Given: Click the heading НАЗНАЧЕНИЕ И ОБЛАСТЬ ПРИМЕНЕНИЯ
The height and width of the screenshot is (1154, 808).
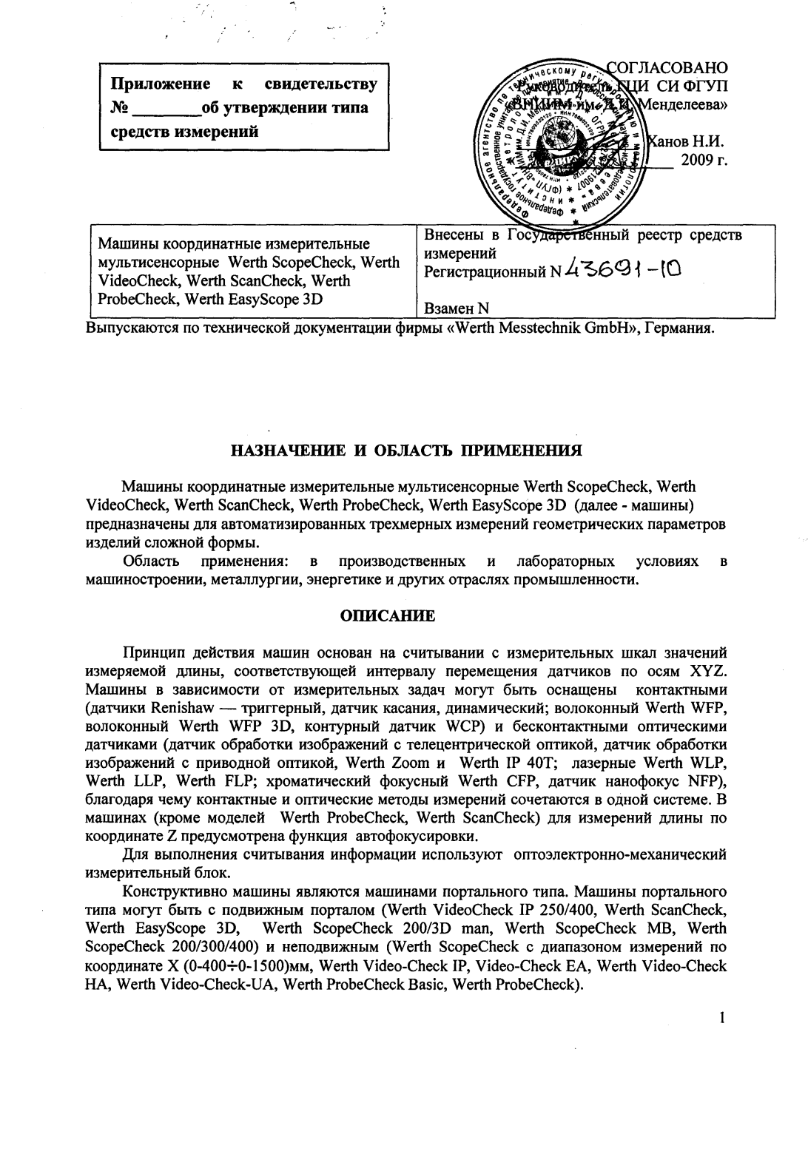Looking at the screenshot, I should click(x=404, y=451).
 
